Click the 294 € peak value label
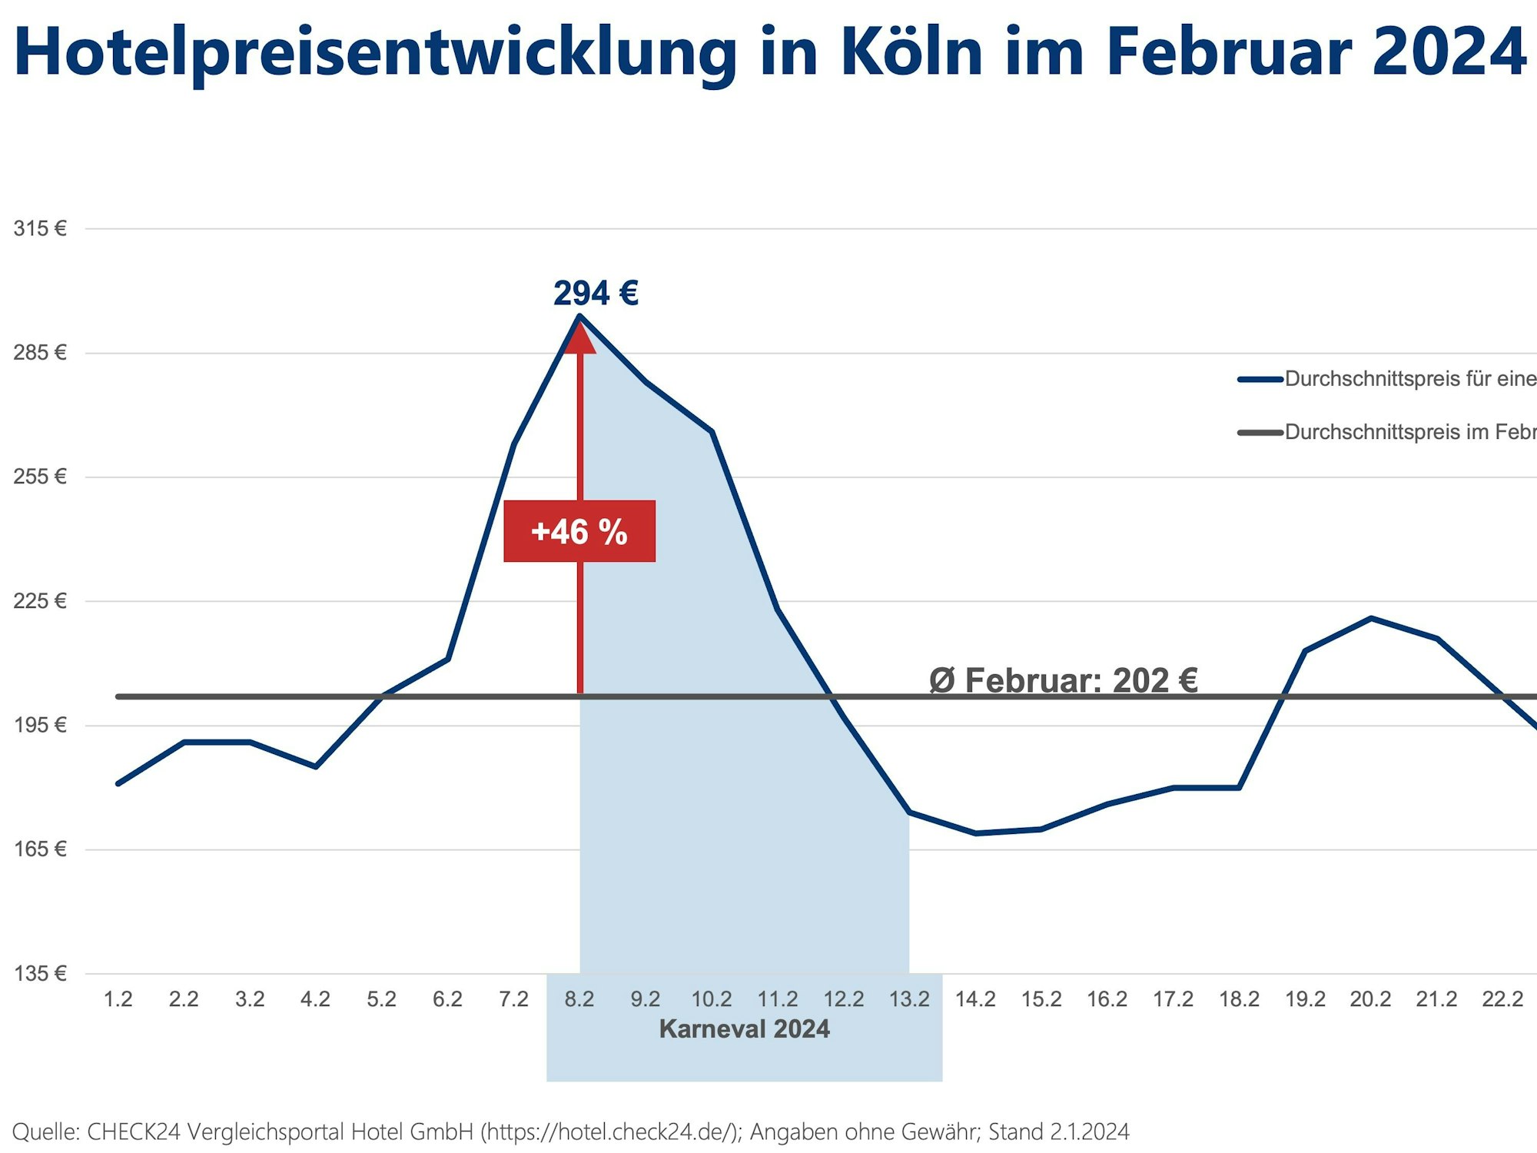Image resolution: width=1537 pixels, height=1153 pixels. (596, 293)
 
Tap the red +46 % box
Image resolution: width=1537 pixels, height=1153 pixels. (579, 531)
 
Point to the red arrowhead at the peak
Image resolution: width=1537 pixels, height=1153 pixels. (579, 337)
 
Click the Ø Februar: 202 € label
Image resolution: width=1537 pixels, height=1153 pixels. (1063, 680)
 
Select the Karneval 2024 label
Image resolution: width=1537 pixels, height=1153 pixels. (744, 1028)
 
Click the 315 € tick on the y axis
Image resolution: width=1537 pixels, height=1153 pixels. (40, 228)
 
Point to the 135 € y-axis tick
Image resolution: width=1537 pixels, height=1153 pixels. (40, 973)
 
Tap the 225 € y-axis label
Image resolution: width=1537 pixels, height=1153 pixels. (40, 600)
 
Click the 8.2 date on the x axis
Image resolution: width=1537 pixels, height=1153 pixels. (579, 999)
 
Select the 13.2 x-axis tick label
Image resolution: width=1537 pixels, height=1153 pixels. (909, 999)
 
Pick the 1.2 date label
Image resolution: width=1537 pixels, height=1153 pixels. (118, 999)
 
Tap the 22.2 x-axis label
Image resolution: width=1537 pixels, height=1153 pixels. (1502, 999)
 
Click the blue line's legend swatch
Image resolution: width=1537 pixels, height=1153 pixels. (1260, 379)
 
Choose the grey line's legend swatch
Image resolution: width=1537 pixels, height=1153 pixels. (1260, 433)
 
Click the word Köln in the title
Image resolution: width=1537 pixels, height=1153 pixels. (911, 52)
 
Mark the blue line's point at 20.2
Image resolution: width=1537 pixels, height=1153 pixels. (1371, 618)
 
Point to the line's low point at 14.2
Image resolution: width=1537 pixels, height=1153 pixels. (975, 833)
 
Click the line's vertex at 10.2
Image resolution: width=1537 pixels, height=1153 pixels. (712, 431)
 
